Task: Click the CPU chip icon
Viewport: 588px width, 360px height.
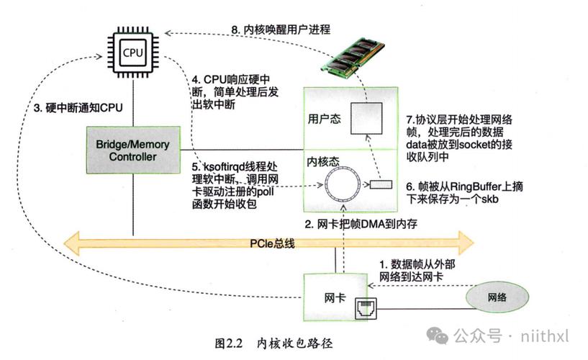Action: pos(133,53)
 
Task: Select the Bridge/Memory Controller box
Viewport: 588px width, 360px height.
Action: pos(133,150)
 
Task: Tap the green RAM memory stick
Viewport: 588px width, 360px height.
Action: pos(353,57)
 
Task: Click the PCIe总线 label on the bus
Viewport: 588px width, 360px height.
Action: pos(272,243)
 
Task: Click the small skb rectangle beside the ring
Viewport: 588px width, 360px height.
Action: pos(381,184)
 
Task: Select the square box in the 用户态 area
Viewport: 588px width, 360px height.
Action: pos(366,118)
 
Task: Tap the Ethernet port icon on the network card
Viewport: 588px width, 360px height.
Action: pos(366,309)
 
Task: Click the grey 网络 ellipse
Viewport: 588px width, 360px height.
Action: pos(497,297)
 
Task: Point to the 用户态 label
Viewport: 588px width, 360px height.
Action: pos(325,120)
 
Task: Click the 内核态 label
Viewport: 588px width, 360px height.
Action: pos(323,161)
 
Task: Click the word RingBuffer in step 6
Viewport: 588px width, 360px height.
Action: pos(476,186)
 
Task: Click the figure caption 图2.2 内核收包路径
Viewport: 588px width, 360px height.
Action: pos(273,343)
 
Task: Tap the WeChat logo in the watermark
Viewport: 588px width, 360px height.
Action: pos(438,336)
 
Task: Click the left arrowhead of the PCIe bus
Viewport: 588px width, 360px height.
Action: pos(72,243)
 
